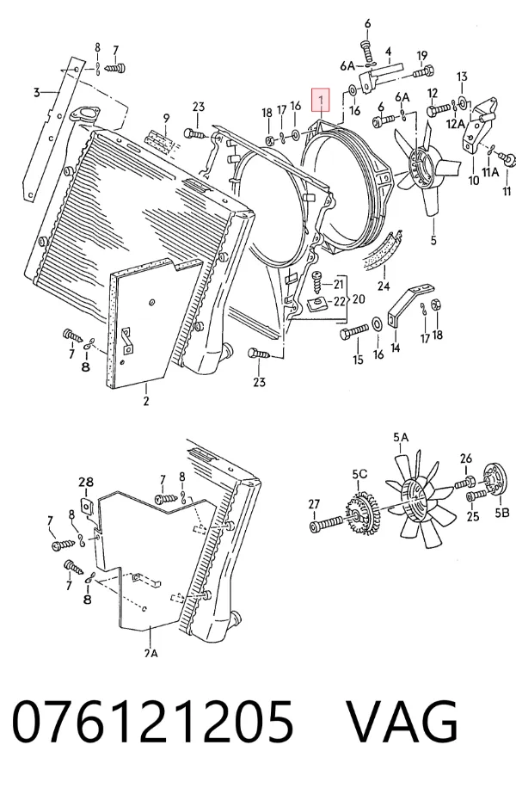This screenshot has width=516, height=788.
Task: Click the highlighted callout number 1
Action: pyautogui.click(x=321, y=100)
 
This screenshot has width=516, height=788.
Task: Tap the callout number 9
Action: pyautogui.click(x=166, y=119)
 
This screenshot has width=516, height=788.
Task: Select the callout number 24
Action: pyautogui.click(x=384, y=286)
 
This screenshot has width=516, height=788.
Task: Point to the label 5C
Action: pyautogui.click(x=359, y=474)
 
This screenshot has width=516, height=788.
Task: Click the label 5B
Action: pyautogui.click(x=502, y=513)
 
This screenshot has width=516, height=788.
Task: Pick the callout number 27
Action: pyautogui.click(x=314, y=503)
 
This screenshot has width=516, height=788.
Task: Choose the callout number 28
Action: pyautogui.click(x=86, y=483)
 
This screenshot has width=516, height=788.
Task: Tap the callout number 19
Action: pyautogui.click(x=421, y=56)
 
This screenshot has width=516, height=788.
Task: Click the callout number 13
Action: pyautogui.click(x=462, y=77)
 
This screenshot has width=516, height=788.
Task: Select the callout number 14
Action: pyautogui.click(x=396, y=348)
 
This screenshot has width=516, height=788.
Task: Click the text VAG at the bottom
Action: pyautogui.click(x=402, y=721)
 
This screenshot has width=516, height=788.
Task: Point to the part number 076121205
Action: pyautogui.click(x=153, y=721)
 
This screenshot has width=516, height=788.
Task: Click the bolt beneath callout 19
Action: pyautogui.click(x=424, y=71)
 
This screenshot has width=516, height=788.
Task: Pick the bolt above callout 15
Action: pyautogui.click(x=355, y=332)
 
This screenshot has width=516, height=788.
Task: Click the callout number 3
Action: pyautogui.click(x=36, y=92)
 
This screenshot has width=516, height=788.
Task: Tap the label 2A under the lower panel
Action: pyautogui.click(x=150, y=653)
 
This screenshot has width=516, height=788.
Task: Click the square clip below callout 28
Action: pyautogui.click(x=86, y=505)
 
